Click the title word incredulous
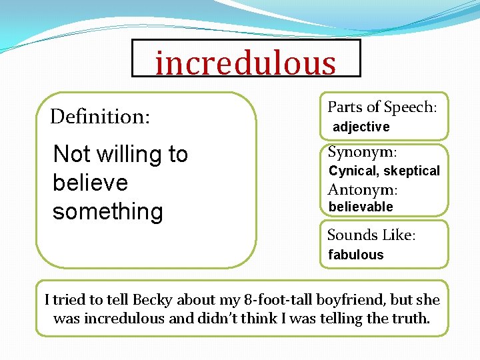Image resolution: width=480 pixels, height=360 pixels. [245, 63]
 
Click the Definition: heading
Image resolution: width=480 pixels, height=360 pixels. [101, 117]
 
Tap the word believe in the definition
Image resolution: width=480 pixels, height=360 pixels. [89, 183]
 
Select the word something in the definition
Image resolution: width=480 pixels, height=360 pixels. [107, 212]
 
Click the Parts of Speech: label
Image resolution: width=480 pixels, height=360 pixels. [382, 107]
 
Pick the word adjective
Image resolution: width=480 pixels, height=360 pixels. [361, 127]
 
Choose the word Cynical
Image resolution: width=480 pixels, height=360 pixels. [353, 171]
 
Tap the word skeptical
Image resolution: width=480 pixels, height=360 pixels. [411, 171]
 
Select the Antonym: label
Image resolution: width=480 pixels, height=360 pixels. [363, 190]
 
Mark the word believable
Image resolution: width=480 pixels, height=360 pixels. [361, 207]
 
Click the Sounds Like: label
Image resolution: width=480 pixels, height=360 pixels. [371, 235]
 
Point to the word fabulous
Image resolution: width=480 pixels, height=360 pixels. [356, 255]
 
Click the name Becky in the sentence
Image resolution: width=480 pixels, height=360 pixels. [151, 300]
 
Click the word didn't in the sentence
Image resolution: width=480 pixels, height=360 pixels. [223, 319]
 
